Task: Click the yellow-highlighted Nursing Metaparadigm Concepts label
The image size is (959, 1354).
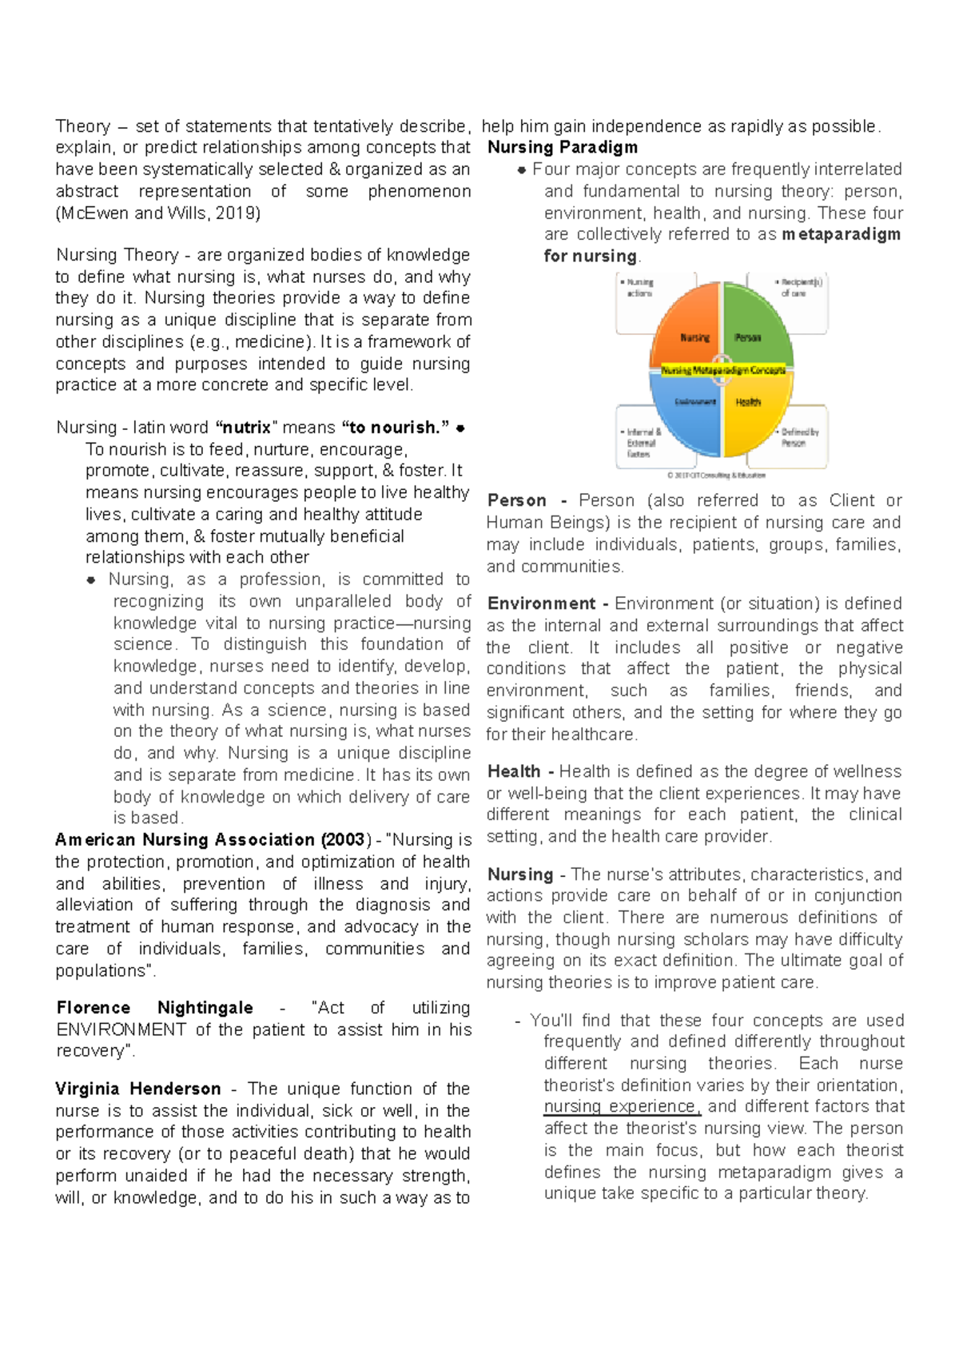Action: [722, 371]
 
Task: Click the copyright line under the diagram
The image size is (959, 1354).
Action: [716, 475]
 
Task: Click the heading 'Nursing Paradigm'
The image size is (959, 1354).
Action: [563, 148]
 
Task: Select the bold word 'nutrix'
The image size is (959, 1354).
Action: [246, 428]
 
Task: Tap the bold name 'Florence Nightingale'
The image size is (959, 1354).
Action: [154, 1008]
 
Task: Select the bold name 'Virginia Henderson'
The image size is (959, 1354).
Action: [137, 1089]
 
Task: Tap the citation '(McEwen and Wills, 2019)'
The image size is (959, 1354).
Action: [157, 213]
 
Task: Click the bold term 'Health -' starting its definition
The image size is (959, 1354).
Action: [520, 772]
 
